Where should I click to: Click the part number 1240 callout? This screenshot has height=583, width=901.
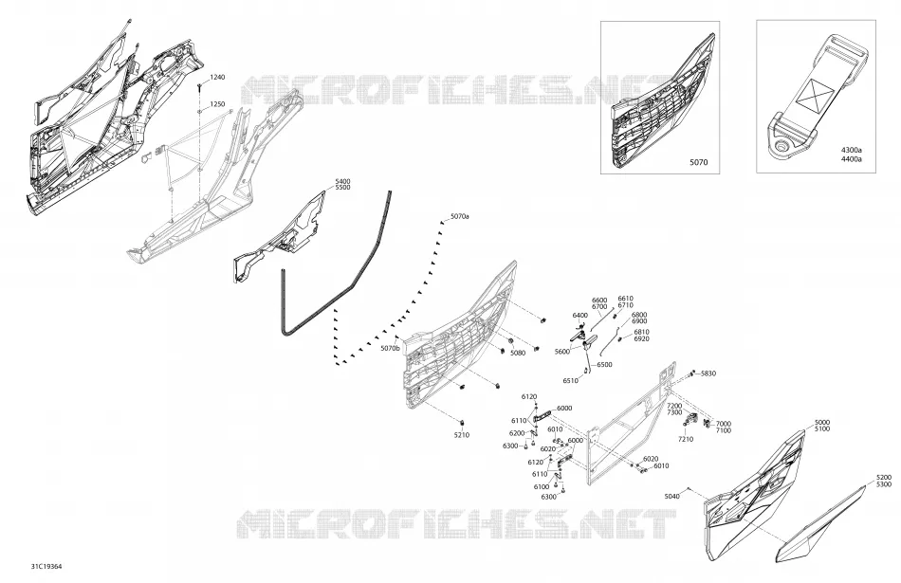pos(217,77)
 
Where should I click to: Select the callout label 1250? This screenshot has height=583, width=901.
pos(217,104)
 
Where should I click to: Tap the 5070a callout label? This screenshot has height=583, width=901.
pos(460,216)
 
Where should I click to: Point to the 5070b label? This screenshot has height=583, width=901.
pos(390,348)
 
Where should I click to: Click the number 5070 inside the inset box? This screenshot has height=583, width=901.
pos(699,162)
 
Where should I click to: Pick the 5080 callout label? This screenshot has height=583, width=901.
pos(518,353)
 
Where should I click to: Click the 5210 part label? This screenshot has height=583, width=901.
pos(462,435)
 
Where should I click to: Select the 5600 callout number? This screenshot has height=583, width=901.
pos(562,352)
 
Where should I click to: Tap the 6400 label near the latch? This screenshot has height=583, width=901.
pos(579,316)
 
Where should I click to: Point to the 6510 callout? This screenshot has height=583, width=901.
pos(571,381)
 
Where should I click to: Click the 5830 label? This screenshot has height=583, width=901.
pos(708,373)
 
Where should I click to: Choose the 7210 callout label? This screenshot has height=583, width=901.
pos(686,440)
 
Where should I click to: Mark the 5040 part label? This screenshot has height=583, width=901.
pos(671,497)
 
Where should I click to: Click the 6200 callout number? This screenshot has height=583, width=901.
pos(517,433)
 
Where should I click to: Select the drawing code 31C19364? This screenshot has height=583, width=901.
pos(46,566)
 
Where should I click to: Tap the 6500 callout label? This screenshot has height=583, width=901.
pos(604,365)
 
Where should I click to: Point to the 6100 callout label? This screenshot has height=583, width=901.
pos(541,487)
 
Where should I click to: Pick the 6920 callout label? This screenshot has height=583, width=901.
pos(641,338)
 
